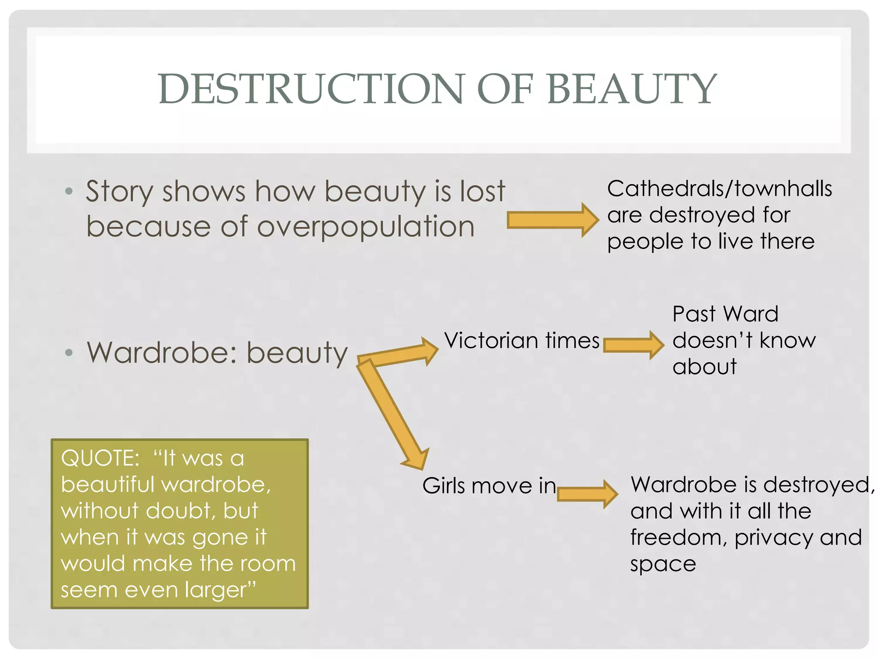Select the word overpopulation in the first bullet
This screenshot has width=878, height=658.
pos(366,227)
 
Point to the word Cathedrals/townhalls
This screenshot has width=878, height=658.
pos(719,189)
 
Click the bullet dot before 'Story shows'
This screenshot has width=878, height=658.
pos(69,191)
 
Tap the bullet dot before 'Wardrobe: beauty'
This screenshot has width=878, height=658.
pos(69,353)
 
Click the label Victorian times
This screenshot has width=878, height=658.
pos(521,341)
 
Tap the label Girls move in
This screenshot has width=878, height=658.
pos(489,486)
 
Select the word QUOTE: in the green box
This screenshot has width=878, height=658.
pos(100,458)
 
